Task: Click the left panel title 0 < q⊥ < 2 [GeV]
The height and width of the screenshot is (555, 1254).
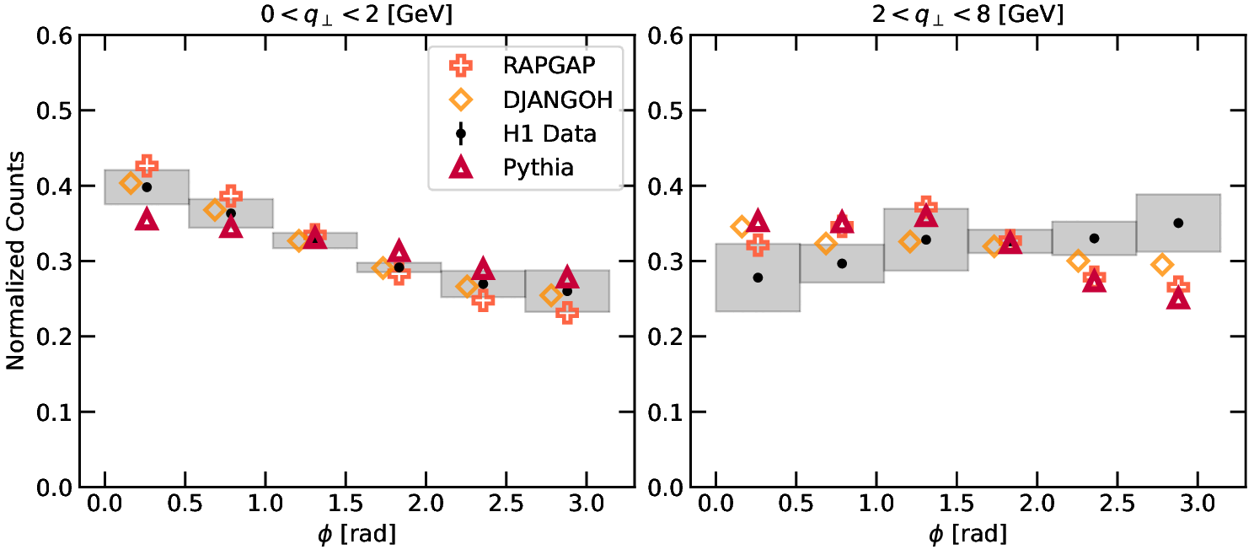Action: pos(356,14)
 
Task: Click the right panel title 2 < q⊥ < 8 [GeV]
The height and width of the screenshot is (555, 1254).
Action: pos(967,14)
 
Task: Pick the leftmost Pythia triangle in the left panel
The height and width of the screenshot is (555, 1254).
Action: pos(147,219)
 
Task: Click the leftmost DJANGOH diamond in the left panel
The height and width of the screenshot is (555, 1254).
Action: pos(131,183)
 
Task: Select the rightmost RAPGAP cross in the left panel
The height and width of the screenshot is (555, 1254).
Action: pos(567,313)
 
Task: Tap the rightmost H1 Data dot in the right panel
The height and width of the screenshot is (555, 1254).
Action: pos(1178,223)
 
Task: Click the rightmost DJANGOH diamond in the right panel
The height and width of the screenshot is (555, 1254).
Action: pos(1162,264)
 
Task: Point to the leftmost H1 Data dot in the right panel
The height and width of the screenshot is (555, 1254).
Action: pos(758,277)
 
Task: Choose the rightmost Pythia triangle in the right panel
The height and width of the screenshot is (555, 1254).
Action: pos(1178,299)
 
